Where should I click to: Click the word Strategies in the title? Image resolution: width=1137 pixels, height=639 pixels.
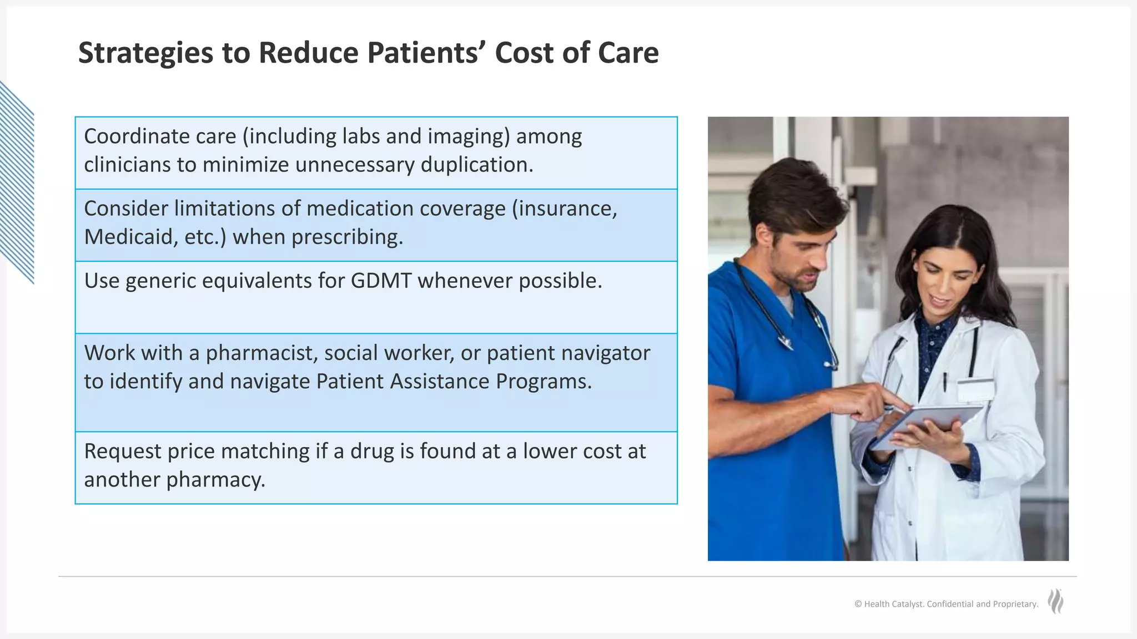coord(145,54)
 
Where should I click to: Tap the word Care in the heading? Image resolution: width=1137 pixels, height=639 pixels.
coord(628,53)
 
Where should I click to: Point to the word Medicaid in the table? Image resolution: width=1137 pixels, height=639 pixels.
coord(129,237)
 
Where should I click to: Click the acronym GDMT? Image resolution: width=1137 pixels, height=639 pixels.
coord(381,281)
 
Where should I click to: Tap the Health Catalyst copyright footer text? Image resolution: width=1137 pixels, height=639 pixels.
coord(946,604)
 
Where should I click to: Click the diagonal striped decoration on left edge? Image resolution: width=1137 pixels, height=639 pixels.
coord(17,183)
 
